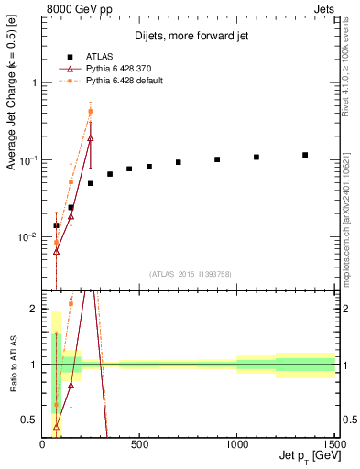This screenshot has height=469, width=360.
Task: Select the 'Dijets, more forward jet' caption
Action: coord(189,36)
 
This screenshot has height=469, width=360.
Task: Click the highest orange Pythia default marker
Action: coord(90,112)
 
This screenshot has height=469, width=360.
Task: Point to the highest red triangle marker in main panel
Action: coord(90,138)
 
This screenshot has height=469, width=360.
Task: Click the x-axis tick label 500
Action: coord(139,445)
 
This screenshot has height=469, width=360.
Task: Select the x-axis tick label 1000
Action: coord(236,445)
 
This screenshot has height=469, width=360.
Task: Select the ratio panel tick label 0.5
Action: coord(30,420)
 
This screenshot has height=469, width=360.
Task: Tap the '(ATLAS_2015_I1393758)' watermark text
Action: coord(189,274)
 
